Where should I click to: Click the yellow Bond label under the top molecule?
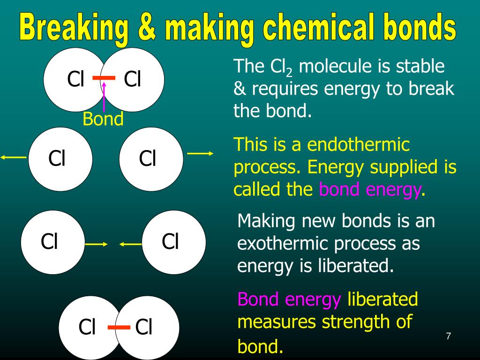pos(103,119)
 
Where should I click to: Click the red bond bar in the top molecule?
pos(104,78)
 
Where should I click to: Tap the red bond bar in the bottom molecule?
pos(119,327)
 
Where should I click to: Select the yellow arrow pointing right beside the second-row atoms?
pos(200,153)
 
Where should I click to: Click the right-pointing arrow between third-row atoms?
pos(96,244)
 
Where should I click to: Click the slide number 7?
pos(449,336)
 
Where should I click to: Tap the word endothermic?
pos(359,144)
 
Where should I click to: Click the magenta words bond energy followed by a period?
pos(370,189)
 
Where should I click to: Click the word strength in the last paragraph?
pos(350,322)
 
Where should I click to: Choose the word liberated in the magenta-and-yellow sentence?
pos(382,299)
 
